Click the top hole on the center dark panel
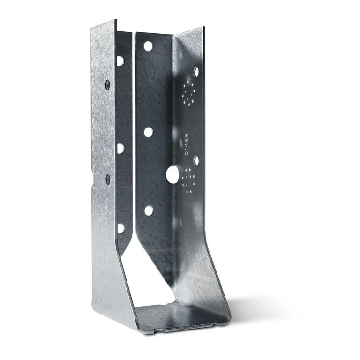(x=148, y=46)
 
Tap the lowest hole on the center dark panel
(x=149, y=210)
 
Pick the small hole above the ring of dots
(x=196, y=72)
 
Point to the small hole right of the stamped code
(x=196, y=161)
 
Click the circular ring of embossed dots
(x=189, y=92)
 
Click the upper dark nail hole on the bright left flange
(x=107, y=85)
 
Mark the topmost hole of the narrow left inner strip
(x=120, y=60)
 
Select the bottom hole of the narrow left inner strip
(x=120, y=228)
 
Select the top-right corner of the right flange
(x=204, y=29)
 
